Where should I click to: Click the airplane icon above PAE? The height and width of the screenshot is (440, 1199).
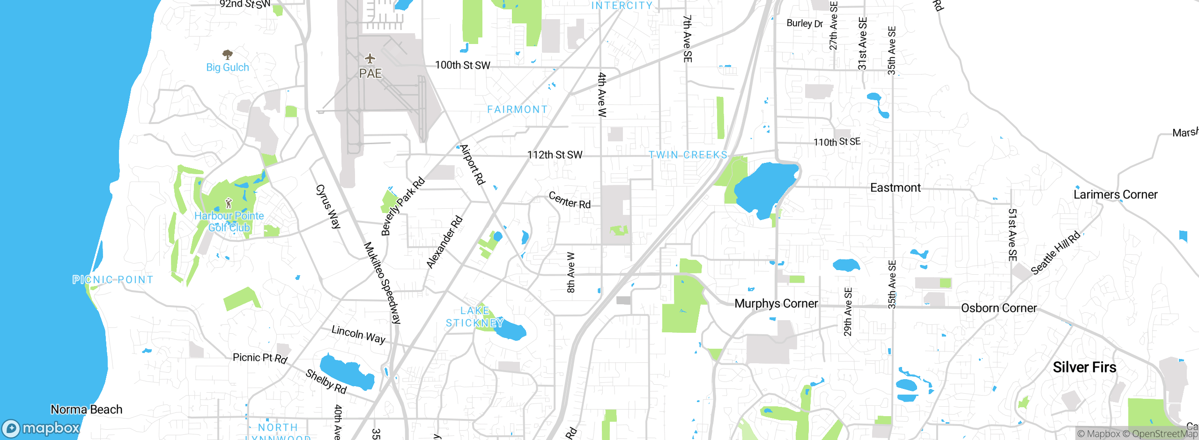tap(370, 59)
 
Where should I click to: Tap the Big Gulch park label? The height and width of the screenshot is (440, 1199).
tap(228, 67)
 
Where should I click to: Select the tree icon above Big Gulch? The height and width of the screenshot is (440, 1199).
tap(228, 54)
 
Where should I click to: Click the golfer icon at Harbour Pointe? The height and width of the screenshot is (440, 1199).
tap(229, 203)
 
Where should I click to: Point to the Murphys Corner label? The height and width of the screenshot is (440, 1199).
tap(776, 303)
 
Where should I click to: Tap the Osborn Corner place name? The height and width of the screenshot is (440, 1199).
tap(999, 308)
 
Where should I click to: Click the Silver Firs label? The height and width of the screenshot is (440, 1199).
tap(1084, 367)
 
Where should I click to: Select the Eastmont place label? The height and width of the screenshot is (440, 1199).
tap(895, 188)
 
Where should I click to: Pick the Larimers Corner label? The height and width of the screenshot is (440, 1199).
tap(1115, 194)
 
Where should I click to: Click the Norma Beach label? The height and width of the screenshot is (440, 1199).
tap(87, 410)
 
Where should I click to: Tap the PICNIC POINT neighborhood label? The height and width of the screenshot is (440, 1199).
tap(113, 279)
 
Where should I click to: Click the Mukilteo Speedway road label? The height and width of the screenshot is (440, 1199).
tap(383, 283)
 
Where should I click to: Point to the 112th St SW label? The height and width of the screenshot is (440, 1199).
tap(555, 154)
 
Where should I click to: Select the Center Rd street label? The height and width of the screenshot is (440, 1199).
tap(570, 200)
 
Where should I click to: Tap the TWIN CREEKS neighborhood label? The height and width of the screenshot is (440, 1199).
tap(688, 154)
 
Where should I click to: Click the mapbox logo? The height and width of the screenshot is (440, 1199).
tap(41, 428)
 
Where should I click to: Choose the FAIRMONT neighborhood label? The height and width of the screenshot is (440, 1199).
tap(517, 109)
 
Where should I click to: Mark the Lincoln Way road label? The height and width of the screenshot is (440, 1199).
tap(358, 334)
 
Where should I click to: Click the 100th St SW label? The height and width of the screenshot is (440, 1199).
tap(462, 65)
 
